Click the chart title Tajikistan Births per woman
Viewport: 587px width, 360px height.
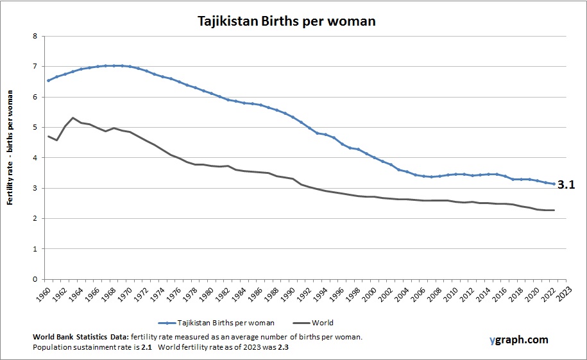tap(285, 21)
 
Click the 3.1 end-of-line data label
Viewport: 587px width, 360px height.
tap(566, 185)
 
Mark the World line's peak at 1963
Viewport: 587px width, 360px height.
tap(73, 117)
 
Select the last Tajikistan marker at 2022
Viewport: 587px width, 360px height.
tap(554, 184)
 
